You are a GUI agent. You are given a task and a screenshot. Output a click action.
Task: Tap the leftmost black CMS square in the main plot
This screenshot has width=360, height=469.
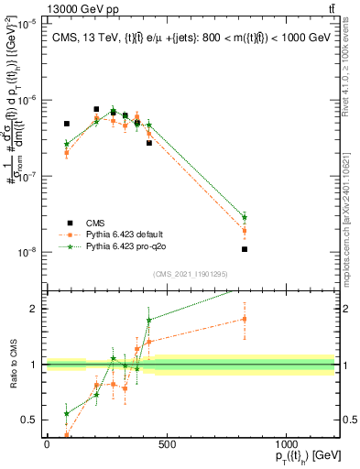[x=67, y=124]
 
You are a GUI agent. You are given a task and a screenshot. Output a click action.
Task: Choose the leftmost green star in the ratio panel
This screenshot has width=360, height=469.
[x=67, y=413]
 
